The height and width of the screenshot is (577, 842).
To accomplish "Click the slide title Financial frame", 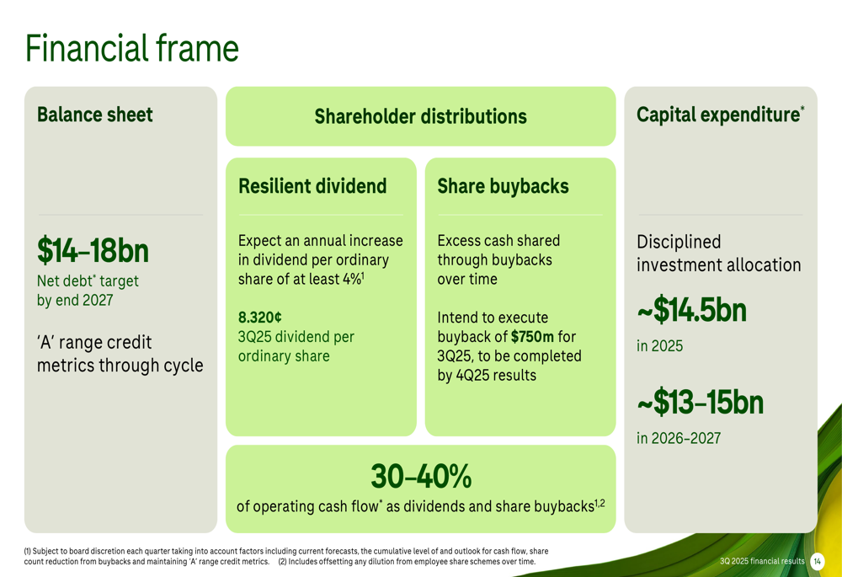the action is (x=131, y=48).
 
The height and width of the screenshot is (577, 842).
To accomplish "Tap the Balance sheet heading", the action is (x=94, y=115).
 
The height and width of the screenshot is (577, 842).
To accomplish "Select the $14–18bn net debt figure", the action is (x=93, y=251).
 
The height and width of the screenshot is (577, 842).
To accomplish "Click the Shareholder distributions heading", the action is (x=420, y=116).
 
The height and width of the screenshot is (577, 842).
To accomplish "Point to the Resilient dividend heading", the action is (x=312, y=186).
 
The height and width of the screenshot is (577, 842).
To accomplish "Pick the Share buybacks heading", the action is (x=504, y=186).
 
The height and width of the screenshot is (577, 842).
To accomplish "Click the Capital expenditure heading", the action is (x=720, y=115).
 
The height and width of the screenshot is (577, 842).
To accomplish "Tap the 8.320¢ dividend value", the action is (x=260, y=318).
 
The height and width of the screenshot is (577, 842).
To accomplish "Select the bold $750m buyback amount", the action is (x=532, y=337).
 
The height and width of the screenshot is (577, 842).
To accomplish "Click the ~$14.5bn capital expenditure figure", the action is (x=691, y=311).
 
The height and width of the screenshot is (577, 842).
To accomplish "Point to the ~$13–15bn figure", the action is (x=700, y=403).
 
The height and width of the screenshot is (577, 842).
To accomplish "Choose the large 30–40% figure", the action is (x=421, y=476).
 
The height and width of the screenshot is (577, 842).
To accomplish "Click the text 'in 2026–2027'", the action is (x=679, y=438).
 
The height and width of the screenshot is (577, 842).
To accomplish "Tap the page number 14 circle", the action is (x=818, y=562).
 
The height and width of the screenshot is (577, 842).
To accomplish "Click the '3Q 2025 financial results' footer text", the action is (x=762, y=562).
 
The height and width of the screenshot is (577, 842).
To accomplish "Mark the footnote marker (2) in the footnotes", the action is (x=282, y=562).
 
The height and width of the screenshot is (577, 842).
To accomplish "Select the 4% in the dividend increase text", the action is (x=349, y=280).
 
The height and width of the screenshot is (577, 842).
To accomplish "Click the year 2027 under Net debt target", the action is (x=98, y=300).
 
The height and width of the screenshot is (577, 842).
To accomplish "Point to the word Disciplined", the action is (x=679, y=243).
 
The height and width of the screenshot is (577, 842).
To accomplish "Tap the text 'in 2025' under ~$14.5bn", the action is (x=660, y=346).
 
